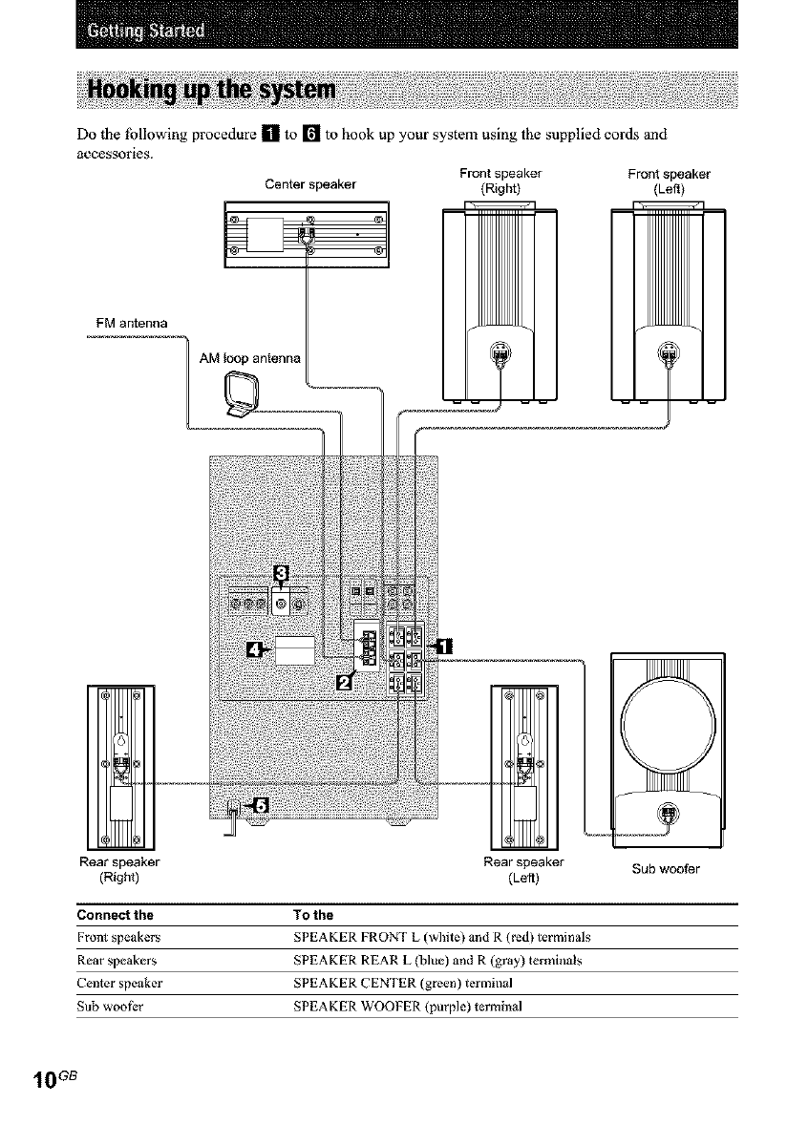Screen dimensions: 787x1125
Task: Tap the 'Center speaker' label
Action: [x=310, y=184]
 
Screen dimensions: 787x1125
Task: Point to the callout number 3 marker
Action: [x=282, y=572]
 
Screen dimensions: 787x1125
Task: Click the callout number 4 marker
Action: [x=252, y=650]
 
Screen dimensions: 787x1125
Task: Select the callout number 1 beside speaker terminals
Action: [x=444, y=646]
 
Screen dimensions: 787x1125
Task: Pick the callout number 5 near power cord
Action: [x=261, y=805]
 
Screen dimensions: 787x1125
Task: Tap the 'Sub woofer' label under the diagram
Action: [x=666, y=869]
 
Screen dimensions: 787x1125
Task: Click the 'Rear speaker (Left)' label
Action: [x=523, y=870]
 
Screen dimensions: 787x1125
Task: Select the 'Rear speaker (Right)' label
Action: [x=119, y=870]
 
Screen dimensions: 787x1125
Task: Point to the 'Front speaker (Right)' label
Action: [x=500, y=180]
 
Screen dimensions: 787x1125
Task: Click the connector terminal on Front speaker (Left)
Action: [x=669, y=352]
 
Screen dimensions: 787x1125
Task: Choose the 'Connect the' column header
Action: [x=115, y=915]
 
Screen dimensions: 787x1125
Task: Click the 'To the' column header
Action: [x=313, y=915]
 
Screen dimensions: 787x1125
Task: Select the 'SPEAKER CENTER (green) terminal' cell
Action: [x=402, y=983]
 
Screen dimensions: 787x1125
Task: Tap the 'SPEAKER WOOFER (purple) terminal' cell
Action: [x=408, y=1006]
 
